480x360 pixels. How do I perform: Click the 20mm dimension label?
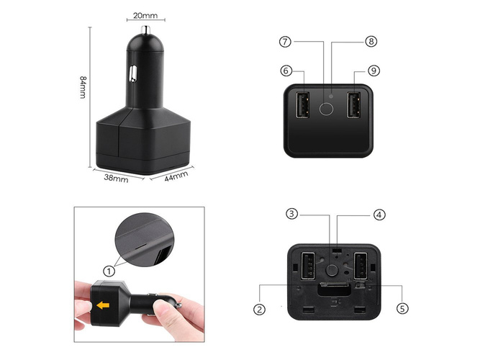[x=145, y=15]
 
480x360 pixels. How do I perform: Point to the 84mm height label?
[x=83, y=87]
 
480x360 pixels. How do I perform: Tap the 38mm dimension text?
[x=116, y=178]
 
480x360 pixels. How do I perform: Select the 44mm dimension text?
[x=176, y=176]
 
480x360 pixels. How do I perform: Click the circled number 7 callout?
[x=285, y=42]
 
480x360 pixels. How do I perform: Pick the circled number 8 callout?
[x=371, y=41]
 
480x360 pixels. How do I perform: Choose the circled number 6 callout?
[x=286, y=71]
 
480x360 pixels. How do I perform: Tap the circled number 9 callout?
[x=373, y=71]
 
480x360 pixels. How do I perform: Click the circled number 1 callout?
[x=109, y=271]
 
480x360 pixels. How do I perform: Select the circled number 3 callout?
[x=291, y=214]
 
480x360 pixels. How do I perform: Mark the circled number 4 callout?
[x=379, y=215]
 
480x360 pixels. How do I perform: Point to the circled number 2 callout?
[x=259, y=309]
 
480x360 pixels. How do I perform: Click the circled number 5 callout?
[x=402, y=308]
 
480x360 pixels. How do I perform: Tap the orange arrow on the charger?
[x=103, y=305]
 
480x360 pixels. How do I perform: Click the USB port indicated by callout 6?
[x=302, y=105]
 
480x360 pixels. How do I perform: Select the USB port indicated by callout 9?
[x=353, y=105]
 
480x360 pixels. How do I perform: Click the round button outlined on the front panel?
[x=326, y=109]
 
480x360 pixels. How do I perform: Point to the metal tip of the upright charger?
[x=145, y=30]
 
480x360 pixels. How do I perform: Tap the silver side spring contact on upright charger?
[x=133, y=73]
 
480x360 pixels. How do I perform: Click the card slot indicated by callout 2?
[x=334, y=289]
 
